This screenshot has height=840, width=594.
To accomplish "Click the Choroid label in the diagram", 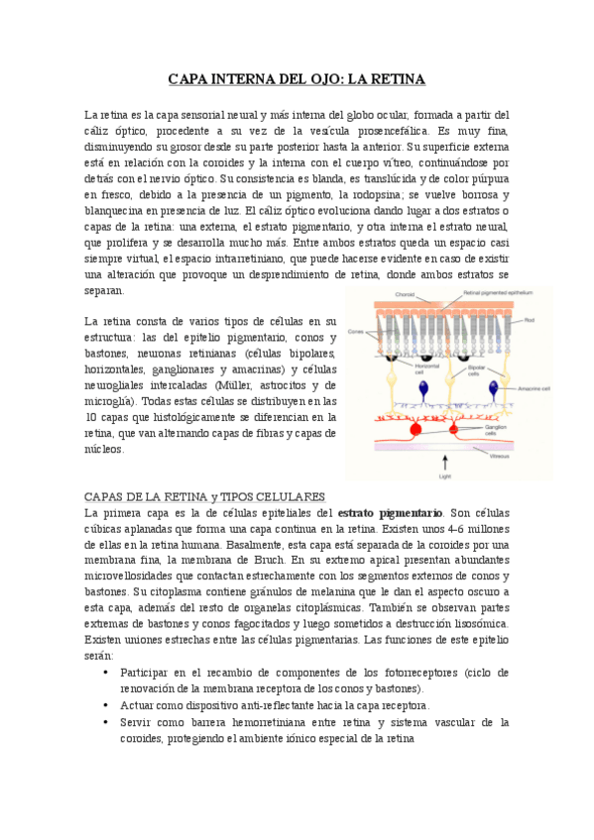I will click(405, 295).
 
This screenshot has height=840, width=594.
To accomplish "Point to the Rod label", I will click(530, 320).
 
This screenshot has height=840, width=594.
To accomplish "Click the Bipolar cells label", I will click(477, 370).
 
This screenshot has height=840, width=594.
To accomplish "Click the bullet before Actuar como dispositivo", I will click(107, 705).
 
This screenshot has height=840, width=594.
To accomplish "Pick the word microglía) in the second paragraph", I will click(107, 401).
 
